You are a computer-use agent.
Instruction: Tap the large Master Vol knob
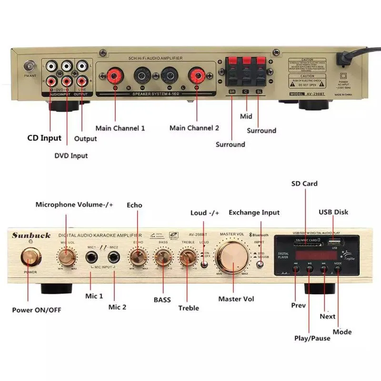click(x=233, y=257)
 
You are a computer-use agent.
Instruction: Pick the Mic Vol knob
click(x=67, y=258)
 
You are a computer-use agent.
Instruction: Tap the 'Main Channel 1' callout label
click(x=120, y=128)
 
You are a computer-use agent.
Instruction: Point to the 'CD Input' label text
click(x=44, y=138)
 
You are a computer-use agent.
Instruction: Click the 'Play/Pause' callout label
click(x=312, y=338)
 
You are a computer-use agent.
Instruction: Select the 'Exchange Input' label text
click(x=254, y=212)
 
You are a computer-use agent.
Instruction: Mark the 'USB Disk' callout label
click(x=333, y=212)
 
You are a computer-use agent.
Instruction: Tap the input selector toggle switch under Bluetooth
click(x=260, y=258)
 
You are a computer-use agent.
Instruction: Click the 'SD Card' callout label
click(x=304, y=184)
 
